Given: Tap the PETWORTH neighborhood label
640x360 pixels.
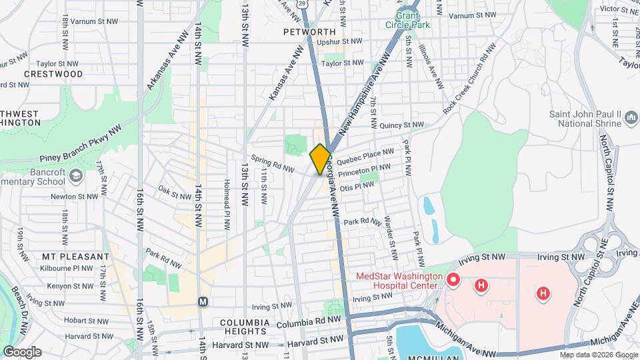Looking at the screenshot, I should pos(309,32).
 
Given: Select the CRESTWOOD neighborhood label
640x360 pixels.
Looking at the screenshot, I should pos(53,74).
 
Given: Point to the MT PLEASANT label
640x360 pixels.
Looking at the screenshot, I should pos(75,257).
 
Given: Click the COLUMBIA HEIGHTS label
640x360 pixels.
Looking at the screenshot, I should pos(245,327).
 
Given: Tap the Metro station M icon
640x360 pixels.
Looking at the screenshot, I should pos(203,301).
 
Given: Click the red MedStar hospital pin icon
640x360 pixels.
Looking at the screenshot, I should pos(453,279).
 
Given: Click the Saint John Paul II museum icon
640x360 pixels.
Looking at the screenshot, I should pos(631,119).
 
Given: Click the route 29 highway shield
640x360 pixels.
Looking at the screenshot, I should pos(303,3).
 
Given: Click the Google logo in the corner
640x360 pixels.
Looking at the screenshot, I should pos(22,351).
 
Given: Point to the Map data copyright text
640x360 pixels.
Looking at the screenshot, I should pos(598,355).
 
